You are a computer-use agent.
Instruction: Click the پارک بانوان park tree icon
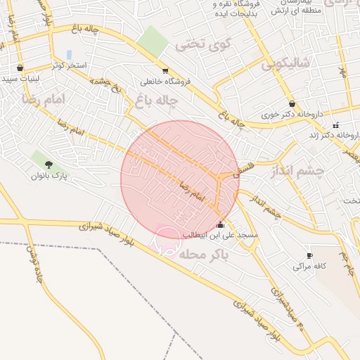pos(48,165)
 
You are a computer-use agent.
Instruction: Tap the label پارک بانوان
pos(49,176)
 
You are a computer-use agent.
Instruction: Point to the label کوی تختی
pos(202,44)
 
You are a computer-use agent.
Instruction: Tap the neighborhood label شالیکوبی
pos(286,65)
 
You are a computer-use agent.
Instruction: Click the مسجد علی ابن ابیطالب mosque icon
pos(221,224)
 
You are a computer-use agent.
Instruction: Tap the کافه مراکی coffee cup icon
pos(309,255)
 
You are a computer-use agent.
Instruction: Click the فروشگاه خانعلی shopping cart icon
pos(165,70)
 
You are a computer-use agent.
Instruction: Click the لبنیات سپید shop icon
pos(20,68)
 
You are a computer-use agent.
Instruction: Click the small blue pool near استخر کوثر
pos(69,54)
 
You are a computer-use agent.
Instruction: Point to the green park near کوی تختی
pos(153,41)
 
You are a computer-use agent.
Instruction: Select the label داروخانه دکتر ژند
pos(335,135)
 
